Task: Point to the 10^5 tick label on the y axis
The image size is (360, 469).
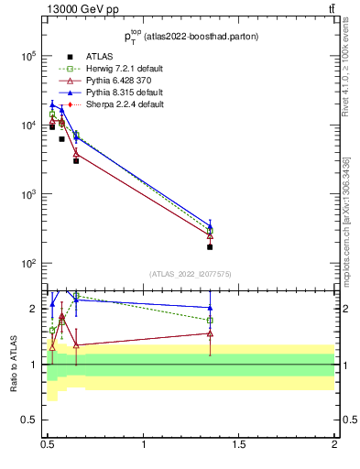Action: coord(28,56)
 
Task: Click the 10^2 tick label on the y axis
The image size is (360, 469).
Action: coord(28,264)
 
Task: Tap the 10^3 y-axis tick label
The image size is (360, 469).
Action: coord(28,194)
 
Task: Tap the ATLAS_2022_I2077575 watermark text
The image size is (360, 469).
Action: coord(190,274)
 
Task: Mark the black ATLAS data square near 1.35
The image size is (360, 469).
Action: coord(210,247)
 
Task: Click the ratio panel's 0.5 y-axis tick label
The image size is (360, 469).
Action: coord(30,420)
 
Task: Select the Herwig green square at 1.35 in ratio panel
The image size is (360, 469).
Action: coord(210,321)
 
